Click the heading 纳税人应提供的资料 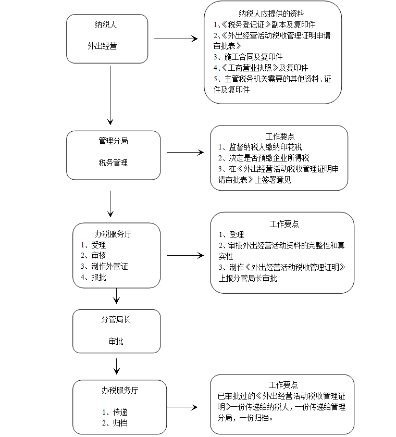click(x=271, y=14)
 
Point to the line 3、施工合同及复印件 click(x=248, y=57)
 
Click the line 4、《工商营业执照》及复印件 click(x=261, y=68)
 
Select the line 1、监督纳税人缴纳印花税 click(x=260, y=147)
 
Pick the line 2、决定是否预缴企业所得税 click(x=264, y=158)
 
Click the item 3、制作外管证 click(x=104, y=267)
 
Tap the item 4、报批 click(x=93, y=277)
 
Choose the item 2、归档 click(x=115, y=423)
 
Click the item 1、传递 click(x=115, y=412)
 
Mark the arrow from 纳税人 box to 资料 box click(x=176, y=39)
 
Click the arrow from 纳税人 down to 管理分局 click(x=110, y=95)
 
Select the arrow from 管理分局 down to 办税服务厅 click(x=110, y=204)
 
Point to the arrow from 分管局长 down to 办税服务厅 click(x=117, y=366)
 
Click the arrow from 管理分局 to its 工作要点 click(x=185, y=153)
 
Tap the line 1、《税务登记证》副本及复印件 click(x=264, y=24)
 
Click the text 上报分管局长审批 click(x=247, y=278)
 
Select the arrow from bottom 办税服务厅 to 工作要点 click(x=182, y=407)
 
